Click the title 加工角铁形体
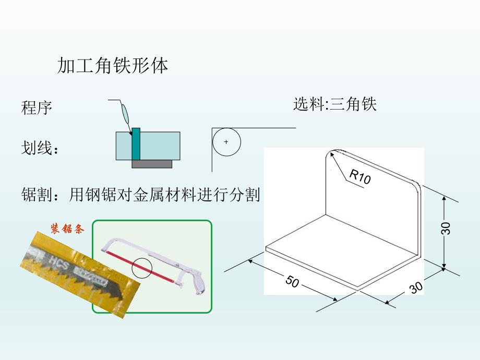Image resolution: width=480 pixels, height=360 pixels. coord(113,66)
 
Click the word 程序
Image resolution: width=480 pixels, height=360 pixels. coord(37,108)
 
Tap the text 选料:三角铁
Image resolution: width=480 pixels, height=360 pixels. coord(334,104)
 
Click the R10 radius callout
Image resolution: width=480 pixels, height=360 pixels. coord(359,177)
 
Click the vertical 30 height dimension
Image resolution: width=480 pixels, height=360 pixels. coord(445,228)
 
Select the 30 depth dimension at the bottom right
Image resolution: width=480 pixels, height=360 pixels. coord(416,287)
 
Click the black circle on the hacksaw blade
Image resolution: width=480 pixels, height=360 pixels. coord(142,268)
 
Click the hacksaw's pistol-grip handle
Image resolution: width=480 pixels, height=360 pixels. coord(198,281)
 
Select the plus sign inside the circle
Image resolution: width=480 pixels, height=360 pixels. coord(226,142)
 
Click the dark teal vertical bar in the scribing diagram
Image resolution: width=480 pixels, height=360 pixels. coord(136,143)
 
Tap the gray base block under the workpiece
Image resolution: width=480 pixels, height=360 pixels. coord(151,164)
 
